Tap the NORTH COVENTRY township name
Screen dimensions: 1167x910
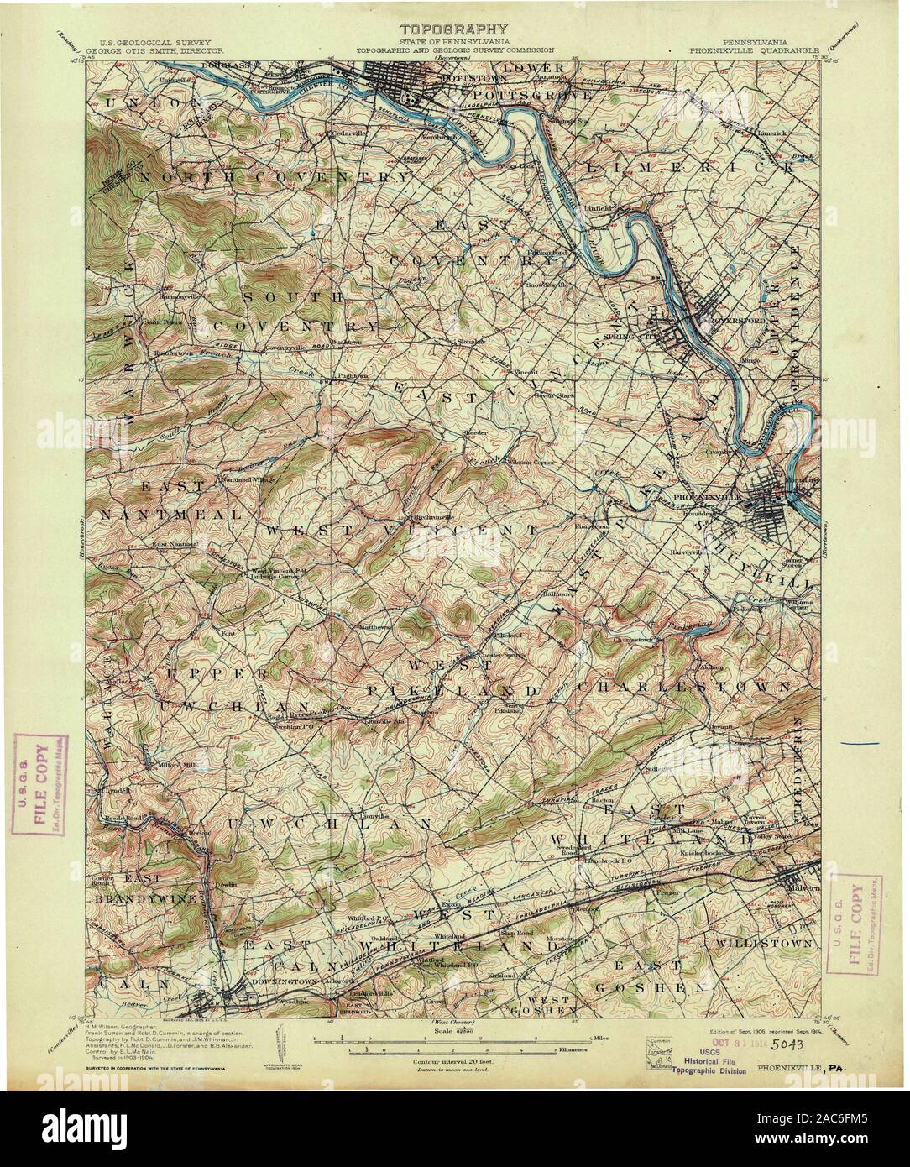(x=271, y=178)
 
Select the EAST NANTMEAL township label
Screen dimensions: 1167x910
(x=171, y=500)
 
